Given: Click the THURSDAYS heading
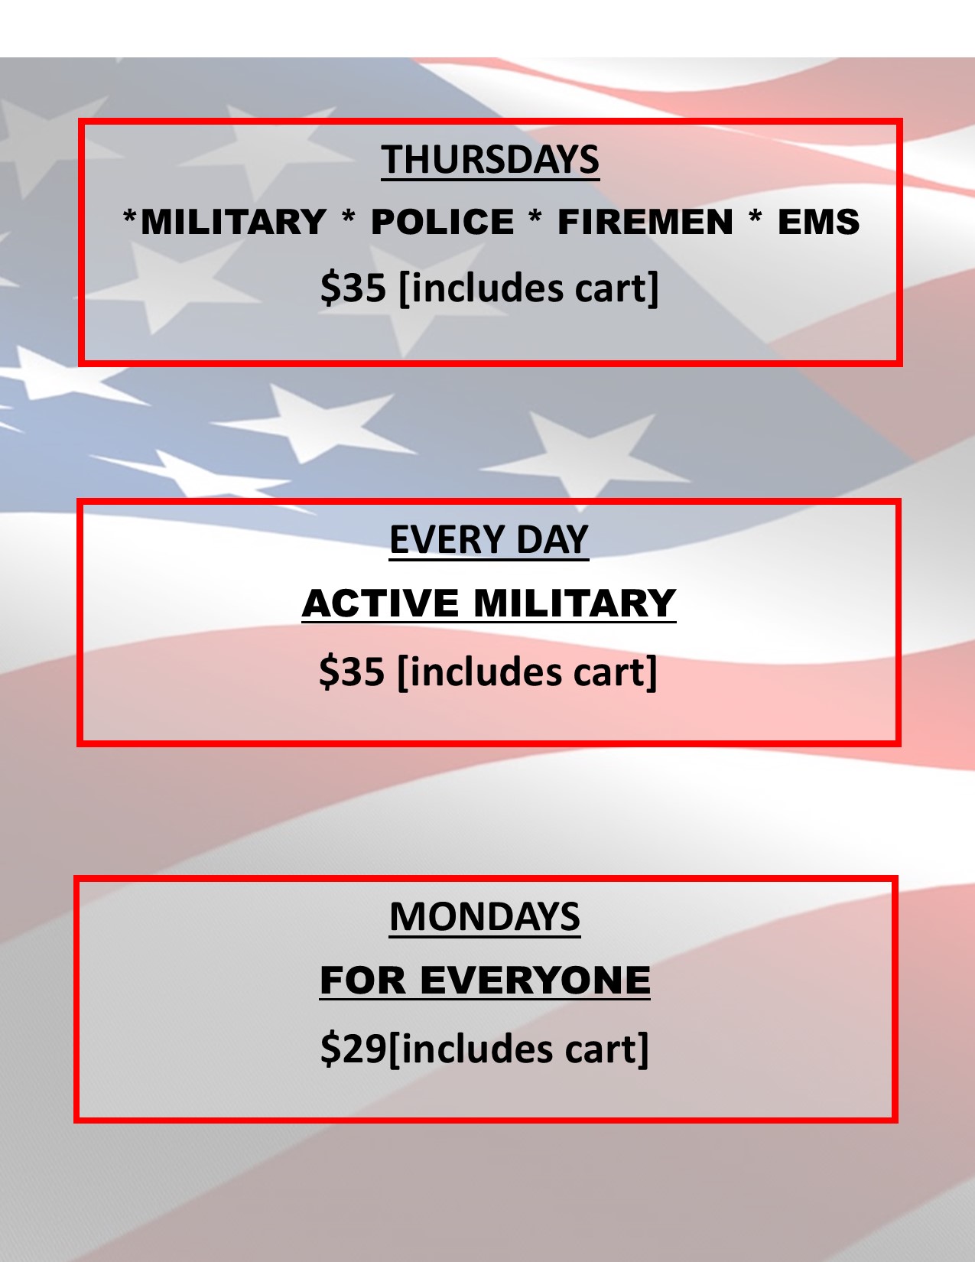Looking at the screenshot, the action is (x=490, y=159).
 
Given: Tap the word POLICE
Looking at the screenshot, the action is (x=443, y=222).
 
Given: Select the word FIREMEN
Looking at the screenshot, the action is (x=645, y=222).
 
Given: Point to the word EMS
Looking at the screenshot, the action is (x=818, y=222).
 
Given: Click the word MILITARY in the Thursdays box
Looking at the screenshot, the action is (x=233, y=222).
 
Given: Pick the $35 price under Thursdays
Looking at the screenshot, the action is (x=353, y=288).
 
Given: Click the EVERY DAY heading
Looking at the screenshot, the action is (x=489, y=539).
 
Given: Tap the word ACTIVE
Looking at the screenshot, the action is (x=380, y=603).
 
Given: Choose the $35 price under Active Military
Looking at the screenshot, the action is (x=351, y=672).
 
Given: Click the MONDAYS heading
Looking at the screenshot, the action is (x=485, y=917).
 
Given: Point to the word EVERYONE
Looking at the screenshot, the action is (x=535, y=981).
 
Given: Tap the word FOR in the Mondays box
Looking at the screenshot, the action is (x=362, y=981).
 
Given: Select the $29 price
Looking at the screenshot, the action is (x=353, y=1049).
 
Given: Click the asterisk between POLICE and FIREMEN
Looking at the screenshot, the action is (x=535, y=218).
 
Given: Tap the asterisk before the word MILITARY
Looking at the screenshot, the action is (x=130, y=218).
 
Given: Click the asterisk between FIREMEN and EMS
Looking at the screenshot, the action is (x=755, y=218).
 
